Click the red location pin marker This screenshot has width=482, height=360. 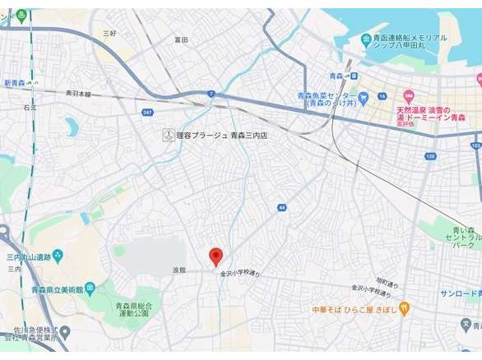(x=216, y=256)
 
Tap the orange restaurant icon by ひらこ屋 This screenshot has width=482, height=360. (x=404, y=308)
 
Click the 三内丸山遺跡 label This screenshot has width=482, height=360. (x=29, y=257)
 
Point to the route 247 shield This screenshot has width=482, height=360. (x=147, y=112)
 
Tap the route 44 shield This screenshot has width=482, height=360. (x=281, y=208)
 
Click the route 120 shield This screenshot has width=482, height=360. (x=430, y=156)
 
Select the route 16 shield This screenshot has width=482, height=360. (x=382, y=96)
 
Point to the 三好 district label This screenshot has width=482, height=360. (x=109, y=33)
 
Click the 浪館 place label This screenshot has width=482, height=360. (x=179, y=270)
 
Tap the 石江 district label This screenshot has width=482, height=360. (x=30, y=107)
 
